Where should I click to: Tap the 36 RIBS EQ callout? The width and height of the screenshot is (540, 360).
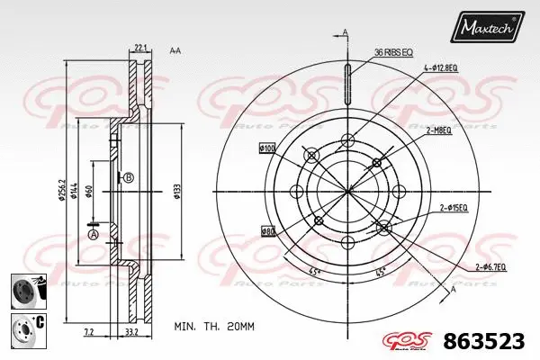(x=392, y=53)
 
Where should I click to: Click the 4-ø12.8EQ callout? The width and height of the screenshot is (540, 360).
(x=442, y=67)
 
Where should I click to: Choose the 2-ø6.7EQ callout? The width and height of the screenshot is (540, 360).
(x=490, y=267)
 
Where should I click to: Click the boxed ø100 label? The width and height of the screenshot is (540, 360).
(x=267, y=148)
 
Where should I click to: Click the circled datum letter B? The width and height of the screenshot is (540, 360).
(x=129, y=177)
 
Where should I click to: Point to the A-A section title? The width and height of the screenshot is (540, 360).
(x=176, y=50)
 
